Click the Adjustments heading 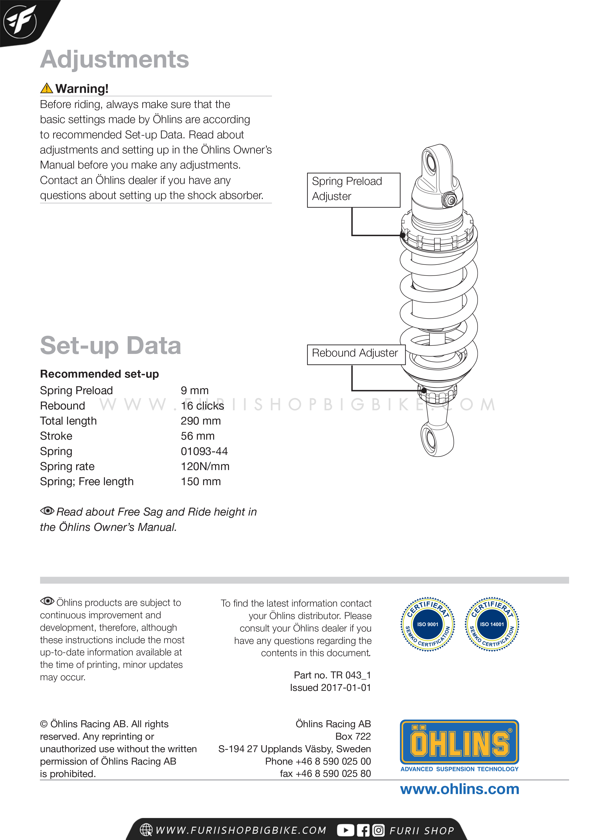point(114,59)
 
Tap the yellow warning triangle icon point(46,88)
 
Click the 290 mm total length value point(200,421)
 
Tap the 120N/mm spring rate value point(205,466)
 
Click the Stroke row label point(56,436)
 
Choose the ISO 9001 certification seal point(428,624)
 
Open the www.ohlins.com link point(459,789)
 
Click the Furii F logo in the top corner point(20,21)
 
